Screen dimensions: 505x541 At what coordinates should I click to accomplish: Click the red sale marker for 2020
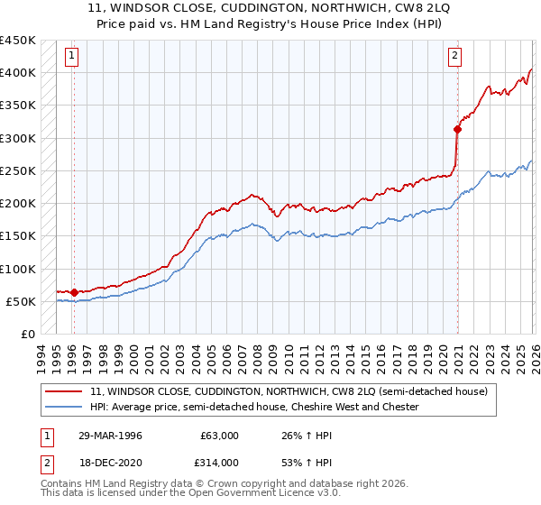458,129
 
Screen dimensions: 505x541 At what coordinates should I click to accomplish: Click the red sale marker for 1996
74,292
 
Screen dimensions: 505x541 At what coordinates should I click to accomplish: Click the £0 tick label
26,334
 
